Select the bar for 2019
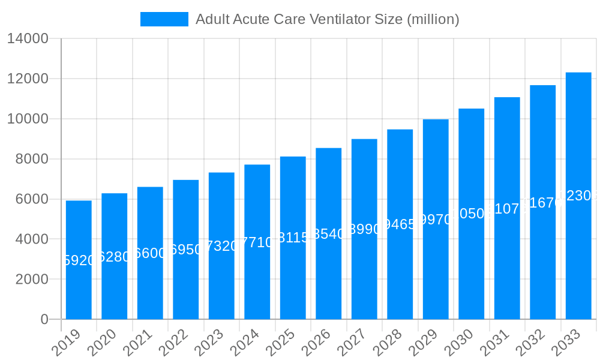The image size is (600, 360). click(x=79, y=288)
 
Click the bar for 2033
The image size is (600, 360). click(x=578, y=252)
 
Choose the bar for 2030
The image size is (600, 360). click(x=472, y=264)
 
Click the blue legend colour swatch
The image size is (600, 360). click(x=164, y=19)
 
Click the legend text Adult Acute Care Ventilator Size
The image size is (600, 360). click(x=327, y=19)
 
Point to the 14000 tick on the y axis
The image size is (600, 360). click(x=28, y=39)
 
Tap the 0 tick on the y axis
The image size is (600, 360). click(x=44, y=319)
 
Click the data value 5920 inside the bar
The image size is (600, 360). click(x=79, y=260)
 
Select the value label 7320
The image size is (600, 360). click(x=221, y=247)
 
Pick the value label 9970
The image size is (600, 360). click(x=436, y=220)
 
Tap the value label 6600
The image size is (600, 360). click(x=150, y=253)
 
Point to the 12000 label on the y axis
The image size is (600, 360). click(x=28, y=79)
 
